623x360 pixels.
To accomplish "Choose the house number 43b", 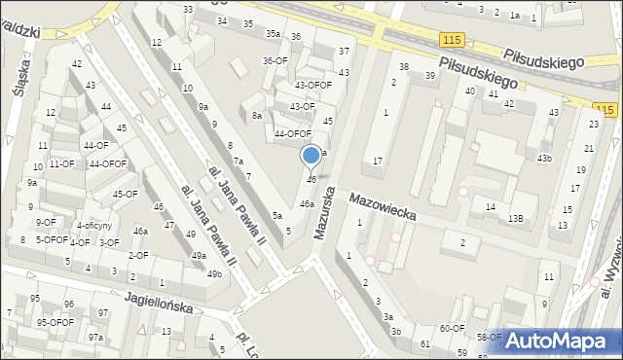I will pyautogui.click(x=543, y=158).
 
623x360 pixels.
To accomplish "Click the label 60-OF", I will pyautogui.click(x=452, y=328).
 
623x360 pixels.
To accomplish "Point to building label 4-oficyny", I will pyautogui.click(x=94, y=226).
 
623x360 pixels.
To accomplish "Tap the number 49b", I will pyautogui.click(x=213, y=273).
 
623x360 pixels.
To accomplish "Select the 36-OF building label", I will pyautogui.click(x=275, y=60).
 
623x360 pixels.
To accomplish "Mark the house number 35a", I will pyautogui.click(x=274, y=33).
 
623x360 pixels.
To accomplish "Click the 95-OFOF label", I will pyautogui.click(x=55, y=322).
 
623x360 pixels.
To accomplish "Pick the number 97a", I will pyautogui.click(x=95, y=337).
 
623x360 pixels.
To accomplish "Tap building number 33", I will pyautogui.click(x=188, y=9).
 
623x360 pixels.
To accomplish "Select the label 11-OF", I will pyautogui.click(x=61, y=163).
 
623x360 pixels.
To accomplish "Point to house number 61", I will pyautogui.click(x=424, y=343).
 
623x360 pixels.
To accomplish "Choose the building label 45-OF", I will pyautogui.click(x=125, y=194).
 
